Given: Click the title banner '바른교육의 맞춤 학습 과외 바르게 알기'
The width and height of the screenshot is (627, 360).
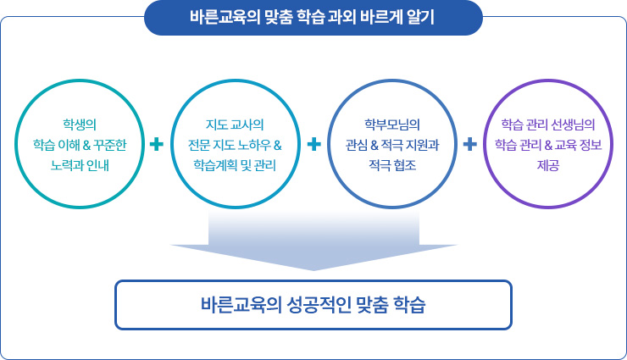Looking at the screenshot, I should click(313, 17).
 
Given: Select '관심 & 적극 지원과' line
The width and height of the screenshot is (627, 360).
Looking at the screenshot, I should click(391, 141).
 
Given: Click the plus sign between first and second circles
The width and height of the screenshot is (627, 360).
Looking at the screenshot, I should click(157, 144).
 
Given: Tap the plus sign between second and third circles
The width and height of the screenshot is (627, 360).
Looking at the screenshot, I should click(313, 144).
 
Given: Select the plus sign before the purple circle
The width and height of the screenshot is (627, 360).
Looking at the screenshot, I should click(469, 144).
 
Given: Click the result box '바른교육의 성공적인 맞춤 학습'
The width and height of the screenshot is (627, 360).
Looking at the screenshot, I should click(313, 304).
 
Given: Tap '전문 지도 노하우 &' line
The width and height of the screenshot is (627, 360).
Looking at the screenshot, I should click(235, 141).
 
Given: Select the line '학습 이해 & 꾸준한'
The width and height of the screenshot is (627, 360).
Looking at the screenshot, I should click(80, 141).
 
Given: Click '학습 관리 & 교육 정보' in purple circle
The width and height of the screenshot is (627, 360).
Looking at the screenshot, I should click(548, 141).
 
